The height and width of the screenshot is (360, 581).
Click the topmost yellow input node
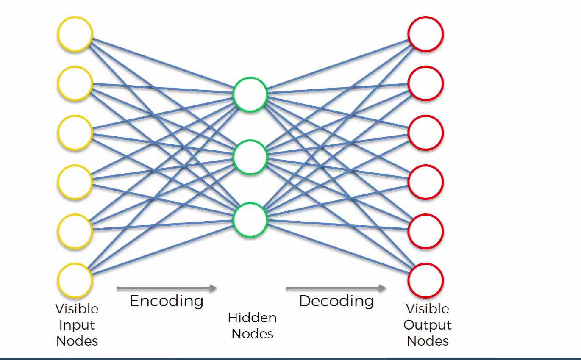(75, 34)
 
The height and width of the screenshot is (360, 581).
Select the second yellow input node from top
(75, 83)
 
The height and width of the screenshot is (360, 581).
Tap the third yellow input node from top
(75, 133)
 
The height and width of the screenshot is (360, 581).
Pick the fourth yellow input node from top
(75, 182)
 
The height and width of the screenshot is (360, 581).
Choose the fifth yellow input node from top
(75, 231)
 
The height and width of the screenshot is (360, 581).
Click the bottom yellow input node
(75, 280)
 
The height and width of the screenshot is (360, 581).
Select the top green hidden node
(250, 94)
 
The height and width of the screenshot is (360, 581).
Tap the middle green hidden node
(250, 157)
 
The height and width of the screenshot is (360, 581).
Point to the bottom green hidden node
(250, 220)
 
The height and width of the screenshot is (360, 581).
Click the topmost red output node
(425, 34)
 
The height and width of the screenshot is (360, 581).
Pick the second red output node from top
(425, 83)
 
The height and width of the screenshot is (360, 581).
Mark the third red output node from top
(425, 133)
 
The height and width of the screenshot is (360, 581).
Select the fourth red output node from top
(425, 182)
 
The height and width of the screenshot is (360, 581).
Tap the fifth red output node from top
(425, 231)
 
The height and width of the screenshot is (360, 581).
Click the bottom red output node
(425, 280)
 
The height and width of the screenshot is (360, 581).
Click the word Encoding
(167, 301)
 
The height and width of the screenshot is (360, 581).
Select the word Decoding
(336, 301)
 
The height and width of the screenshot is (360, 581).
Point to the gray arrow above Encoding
(167, 288)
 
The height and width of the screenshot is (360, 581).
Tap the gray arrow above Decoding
(336, 288)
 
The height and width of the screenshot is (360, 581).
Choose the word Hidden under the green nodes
(252, 318)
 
